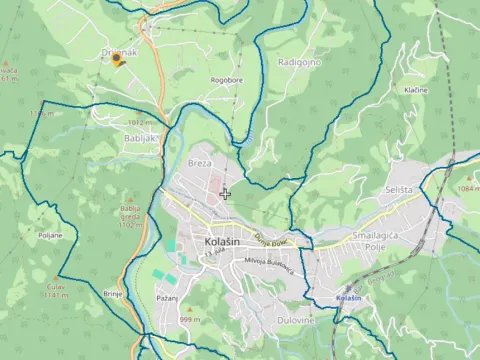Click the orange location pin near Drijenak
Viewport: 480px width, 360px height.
click(x=117, y=61)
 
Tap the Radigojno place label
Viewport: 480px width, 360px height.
click(x=299, y=63)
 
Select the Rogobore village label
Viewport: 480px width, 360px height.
click(x=226, y=81)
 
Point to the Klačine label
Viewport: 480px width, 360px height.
click(x=415, y=90)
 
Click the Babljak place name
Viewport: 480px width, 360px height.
click(x=142, y=139)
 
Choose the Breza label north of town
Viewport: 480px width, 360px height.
click(x=200, y=162)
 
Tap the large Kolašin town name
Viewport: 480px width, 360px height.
click(x=207, y=242)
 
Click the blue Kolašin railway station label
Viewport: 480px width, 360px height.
click(x=348, y=299)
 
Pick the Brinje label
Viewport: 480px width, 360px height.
click(x=112, y=294)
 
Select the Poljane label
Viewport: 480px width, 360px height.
click(x=50, y=235)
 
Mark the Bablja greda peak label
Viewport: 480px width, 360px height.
click(x=131, y=220)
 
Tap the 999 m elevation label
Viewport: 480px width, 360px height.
click(x=189, y=319)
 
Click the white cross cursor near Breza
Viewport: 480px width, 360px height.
click(x=226, y=193)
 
